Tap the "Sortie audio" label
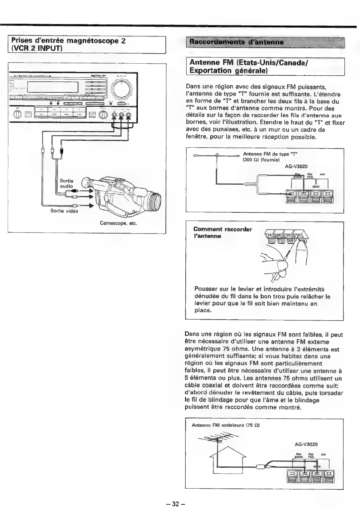[66, 183]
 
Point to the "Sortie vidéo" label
[64, 211]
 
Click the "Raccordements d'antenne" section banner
[236, 43]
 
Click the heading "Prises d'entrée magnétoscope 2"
[69, 41]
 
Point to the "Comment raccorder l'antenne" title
[222, 233]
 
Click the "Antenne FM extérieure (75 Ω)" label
[226, 425]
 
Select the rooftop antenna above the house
[219, 438]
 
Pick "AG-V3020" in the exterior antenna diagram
[306, 444]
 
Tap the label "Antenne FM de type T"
[270, 154]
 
